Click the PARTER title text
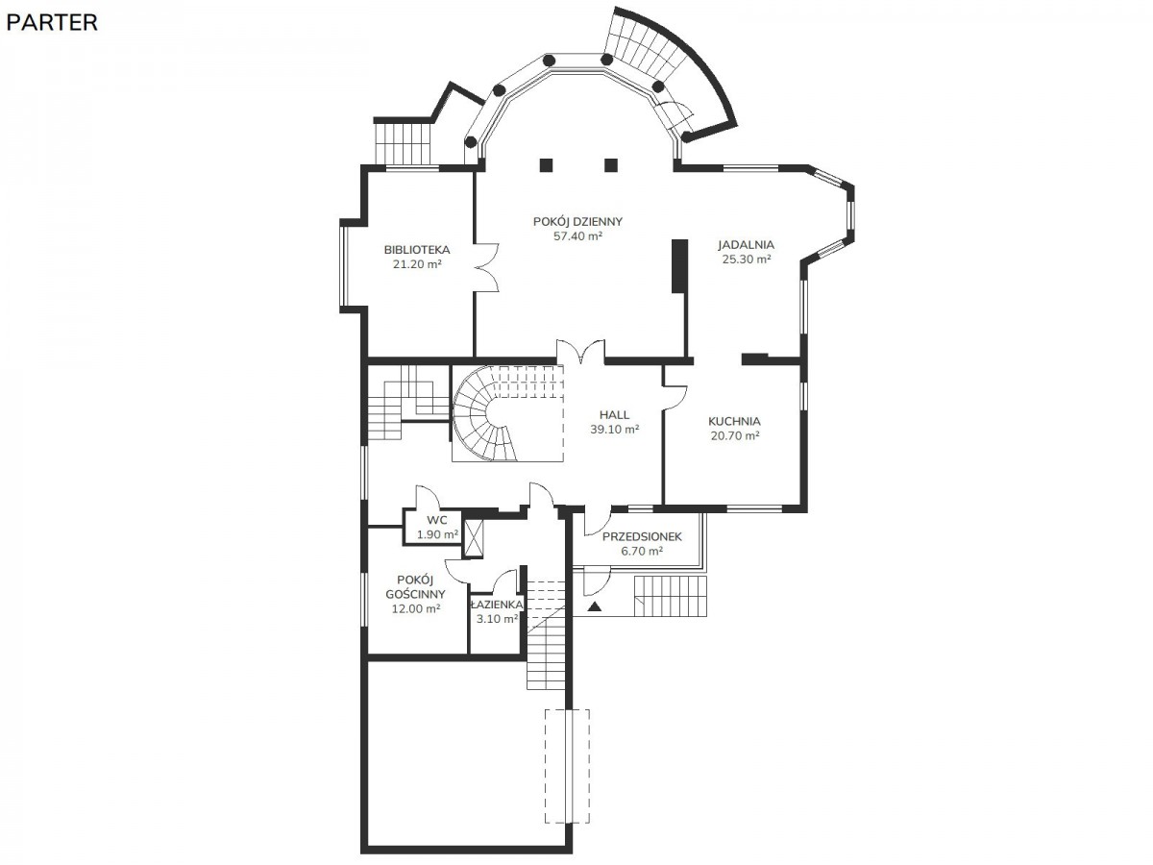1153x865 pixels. coord(52,22)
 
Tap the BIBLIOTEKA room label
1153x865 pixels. coord(417,250)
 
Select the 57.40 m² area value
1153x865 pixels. coord(577,235)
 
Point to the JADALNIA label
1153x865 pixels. coord(746,244)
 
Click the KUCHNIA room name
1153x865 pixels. coord(734,421)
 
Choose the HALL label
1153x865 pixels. coord(614,415)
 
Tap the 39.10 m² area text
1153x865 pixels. coord(614,429)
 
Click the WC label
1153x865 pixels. coord(436,520)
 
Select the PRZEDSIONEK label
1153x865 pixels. coord(642,536)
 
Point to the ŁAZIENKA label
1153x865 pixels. coord(497,604)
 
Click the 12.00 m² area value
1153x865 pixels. coord(415,608)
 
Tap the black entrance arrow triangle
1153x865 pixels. coord(594,606)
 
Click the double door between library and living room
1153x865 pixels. coord(486,267)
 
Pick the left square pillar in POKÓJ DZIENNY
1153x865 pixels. coord(547,165)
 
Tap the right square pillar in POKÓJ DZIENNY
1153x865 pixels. coord(610,165)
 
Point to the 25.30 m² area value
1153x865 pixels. coord(746,259)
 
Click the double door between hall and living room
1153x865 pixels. coord(580,351)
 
